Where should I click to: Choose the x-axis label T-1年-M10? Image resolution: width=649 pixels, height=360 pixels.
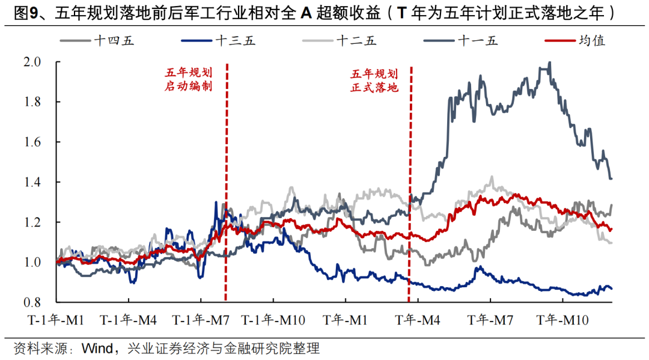(x=274, y=321)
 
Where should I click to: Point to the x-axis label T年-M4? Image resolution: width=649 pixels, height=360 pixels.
(x=419, y=321)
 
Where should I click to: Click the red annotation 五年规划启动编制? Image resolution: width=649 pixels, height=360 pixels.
(x=188, y=80)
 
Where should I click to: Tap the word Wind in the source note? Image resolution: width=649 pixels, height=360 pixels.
(x=94, y=349)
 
